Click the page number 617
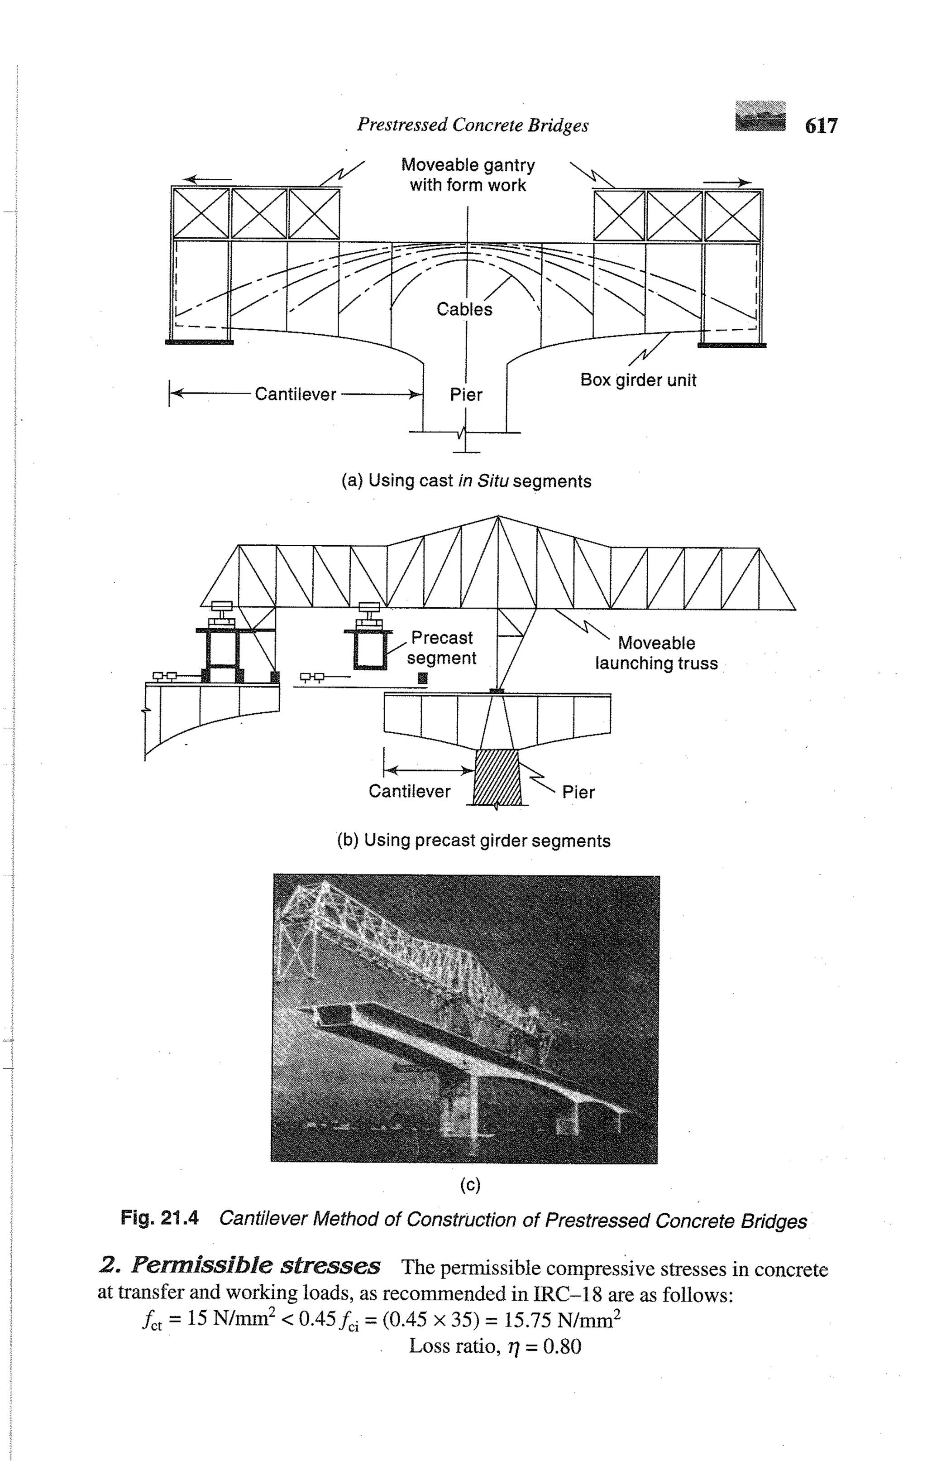click(x=821, y=125)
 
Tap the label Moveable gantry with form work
click(x=468, y=175)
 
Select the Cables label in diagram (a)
click(x=464, y=309)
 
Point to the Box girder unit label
click(x=638, y=380)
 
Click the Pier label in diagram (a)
click(x=466, y=395)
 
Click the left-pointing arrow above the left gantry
click(x=207, y=180)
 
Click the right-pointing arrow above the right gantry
click(x=727, y=182)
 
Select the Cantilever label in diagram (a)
click(x=295, y=394)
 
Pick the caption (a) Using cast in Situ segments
click(x=466, y=481)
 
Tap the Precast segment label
click(x=441, y=648)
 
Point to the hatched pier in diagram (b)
click(x=497, y=778)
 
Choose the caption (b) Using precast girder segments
click(x=473, y=841)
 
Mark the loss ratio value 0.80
click(x=562, y=1346)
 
